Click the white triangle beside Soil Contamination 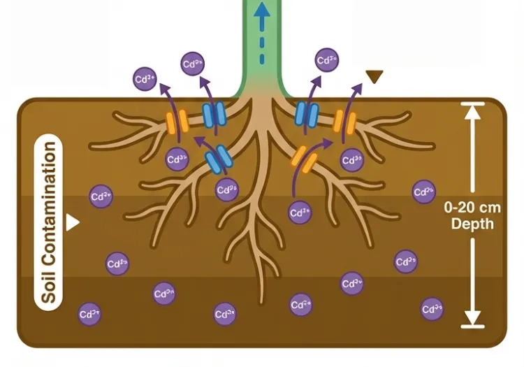(x=73, y=223)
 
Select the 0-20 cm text (x=473, y=208)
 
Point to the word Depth (x=473, y=224)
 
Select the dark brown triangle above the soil (x=375, y=75)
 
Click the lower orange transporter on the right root (x=303, y=160)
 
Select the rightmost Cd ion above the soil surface (x=327, y=61)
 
